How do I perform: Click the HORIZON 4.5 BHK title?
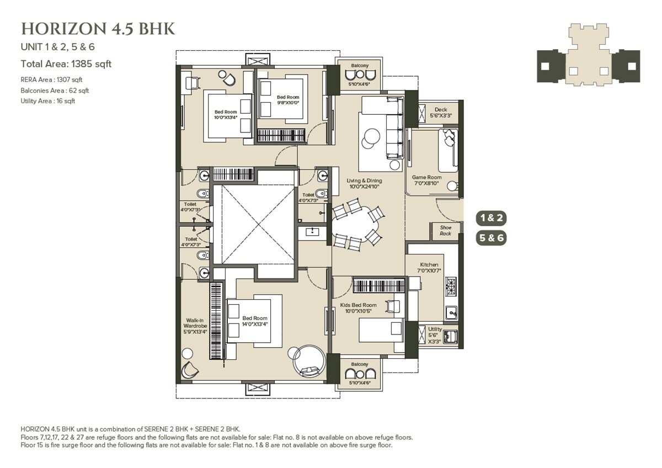tap(98, 29)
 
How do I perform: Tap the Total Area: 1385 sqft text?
tap(66, 64)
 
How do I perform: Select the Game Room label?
tap(425, 180)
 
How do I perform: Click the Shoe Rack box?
tap(445, 231)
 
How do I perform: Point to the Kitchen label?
tap(429, 268)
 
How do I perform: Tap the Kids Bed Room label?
tap(359, 308)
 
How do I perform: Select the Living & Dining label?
tap(364, 183)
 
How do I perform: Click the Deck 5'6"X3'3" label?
tap(441, 113)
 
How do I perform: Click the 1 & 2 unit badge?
tap(491, 217)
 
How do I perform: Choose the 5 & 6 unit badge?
tap(491, 238)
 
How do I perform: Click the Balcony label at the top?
tap(359, 66)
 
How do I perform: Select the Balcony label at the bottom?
tap(359, 364)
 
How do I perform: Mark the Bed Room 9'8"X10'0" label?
tap(288, 100)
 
